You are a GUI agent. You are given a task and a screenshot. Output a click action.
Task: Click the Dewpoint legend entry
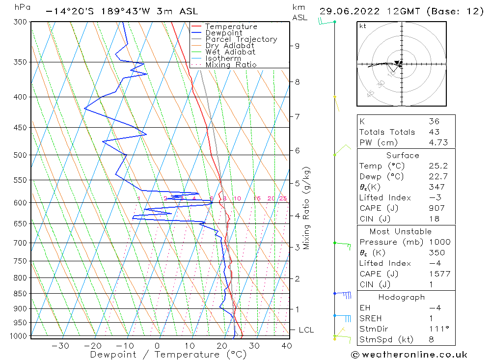pos(223,33)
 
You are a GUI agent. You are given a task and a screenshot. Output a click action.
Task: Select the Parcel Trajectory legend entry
pos(241,39)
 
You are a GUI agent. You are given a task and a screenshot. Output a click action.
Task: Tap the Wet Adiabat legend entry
pos(230,52)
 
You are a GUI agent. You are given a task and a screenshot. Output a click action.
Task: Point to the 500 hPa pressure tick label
pos(21,155)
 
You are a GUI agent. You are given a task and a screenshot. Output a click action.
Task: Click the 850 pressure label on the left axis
pos(21,294)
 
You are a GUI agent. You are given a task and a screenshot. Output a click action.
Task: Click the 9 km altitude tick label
pos(297,46)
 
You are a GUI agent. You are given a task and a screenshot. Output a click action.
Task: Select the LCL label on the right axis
pos(306,330)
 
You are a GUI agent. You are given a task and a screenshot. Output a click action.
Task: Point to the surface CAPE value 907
pos(435,208)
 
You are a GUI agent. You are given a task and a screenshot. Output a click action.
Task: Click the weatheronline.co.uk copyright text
pos(409,354)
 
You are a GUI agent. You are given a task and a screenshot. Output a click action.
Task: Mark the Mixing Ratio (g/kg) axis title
pos(307,208)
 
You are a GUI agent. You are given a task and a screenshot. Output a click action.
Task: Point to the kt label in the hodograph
pos(362,26)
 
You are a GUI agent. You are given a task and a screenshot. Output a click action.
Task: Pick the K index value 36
pos(434,121)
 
